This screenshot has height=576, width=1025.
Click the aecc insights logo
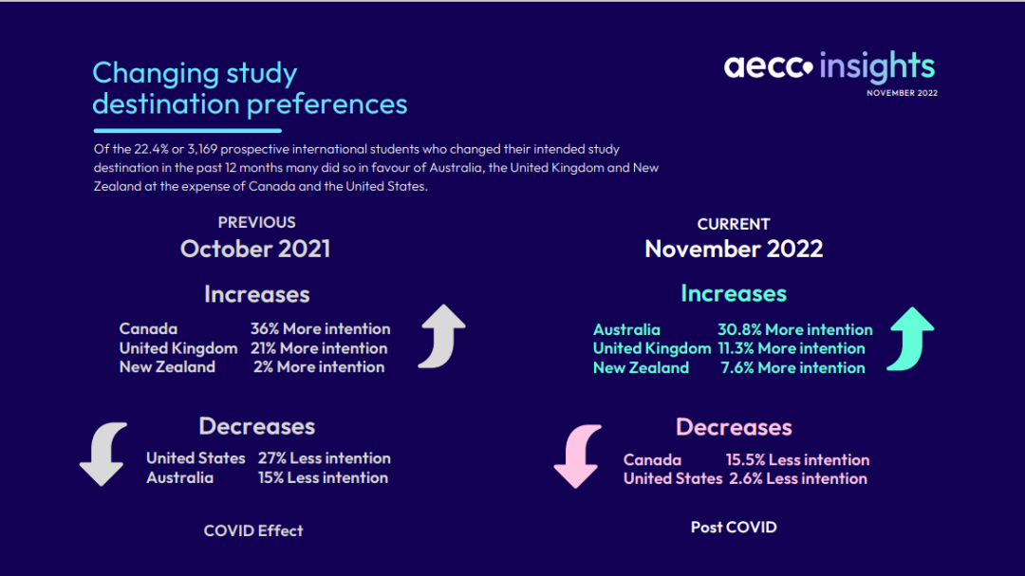click(829, 66)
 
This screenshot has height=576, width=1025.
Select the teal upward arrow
click(910, 338)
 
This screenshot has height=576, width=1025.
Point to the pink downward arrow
click(577, 455)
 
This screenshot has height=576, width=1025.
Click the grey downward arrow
click(102, 455)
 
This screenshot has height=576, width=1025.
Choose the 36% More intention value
click(320, 328)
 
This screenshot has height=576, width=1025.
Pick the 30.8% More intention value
click(794, 329)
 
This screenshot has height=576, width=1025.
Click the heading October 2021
click(255, 249)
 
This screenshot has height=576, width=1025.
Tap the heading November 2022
click(734, 249)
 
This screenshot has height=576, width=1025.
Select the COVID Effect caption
click(253, 530)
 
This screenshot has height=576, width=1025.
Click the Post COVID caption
click(734, 527)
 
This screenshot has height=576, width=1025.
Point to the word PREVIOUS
click(256, 222)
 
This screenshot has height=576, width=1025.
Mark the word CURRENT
click(734, 224)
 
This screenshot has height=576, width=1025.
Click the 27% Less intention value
click(324, 457)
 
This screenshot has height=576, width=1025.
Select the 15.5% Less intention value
click(797, 459)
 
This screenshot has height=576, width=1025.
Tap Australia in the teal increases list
click(626, 329)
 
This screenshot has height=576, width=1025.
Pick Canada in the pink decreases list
click(652, 459)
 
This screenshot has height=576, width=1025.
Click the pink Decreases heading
click(734, 427)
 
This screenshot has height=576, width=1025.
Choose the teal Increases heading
click(734, 294)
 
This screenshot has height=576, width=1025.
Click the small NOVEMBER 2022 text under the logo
click(902, 93)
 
